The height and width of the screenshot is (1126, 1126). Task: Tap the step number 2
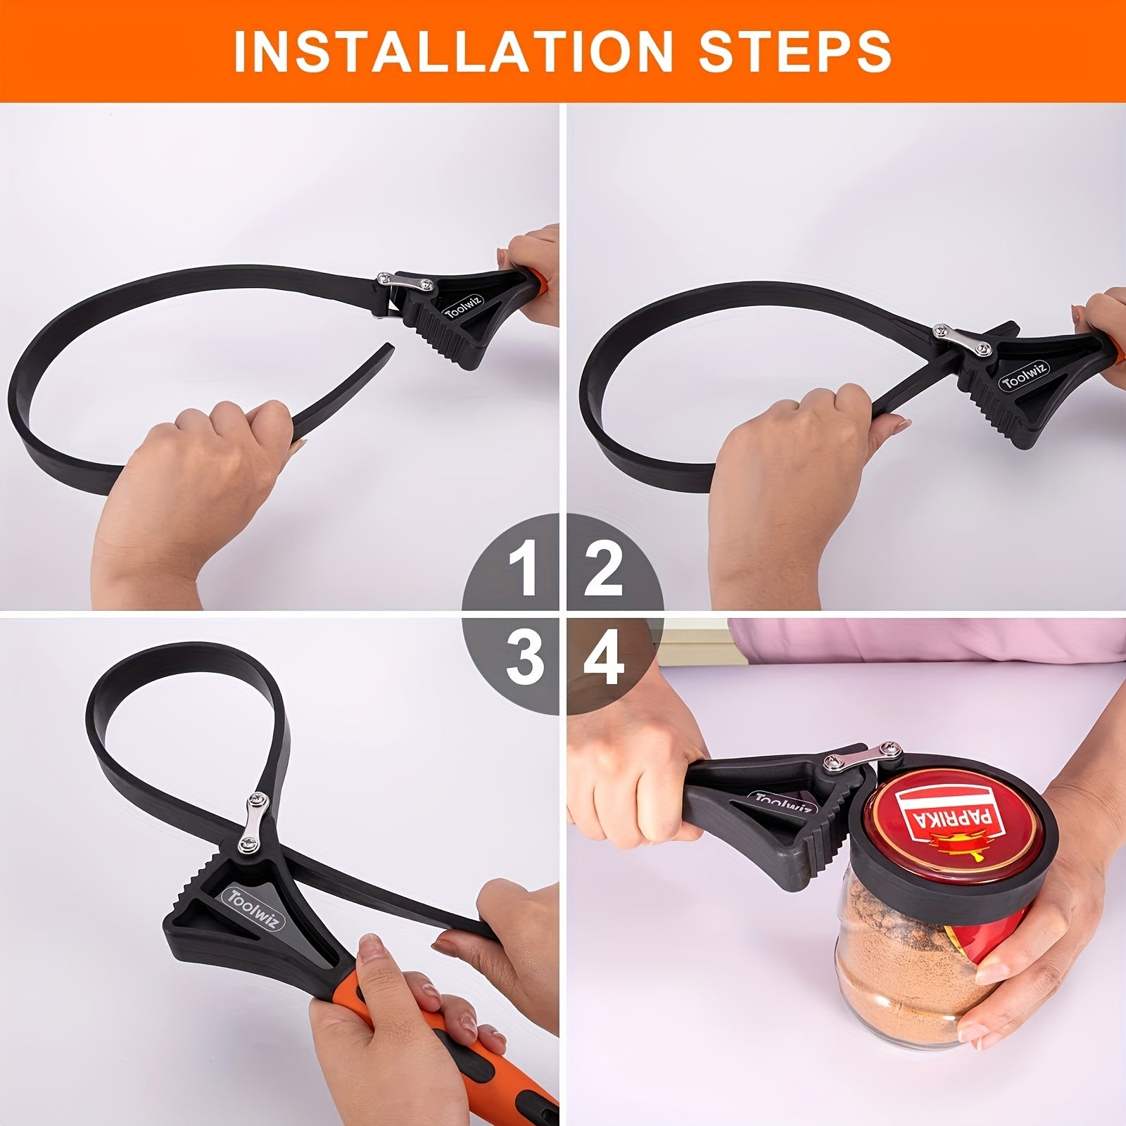[603, 569]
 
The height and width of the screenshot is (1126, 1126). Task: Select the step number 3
[525, 657]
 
